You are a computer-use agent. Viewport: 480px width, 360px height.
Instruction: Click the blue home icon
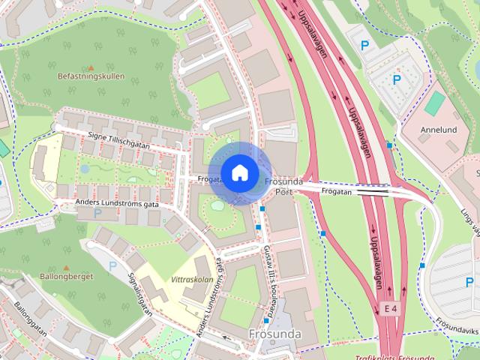[239, 172]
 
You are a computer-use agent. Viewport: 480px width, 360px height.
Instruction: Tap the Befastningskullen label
[91, 76]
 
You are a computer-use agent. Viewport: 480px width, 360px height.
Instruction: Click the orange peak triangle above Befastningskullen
[91, 67]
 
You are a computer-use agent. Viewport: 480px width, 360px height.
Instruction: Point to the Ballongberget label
[65, 277]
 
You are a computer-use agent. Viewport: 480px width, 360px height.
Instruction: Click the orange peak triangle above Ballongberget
[66, 268]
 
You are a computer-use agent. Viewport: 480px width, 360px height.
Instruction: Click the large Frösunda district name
[274, 333]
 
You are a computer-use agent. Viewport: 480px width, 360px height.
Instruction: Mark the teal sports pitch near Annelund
[433, 103]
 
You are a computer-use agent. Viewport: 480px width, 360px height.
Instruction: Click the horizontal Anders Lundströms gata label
[117, 203]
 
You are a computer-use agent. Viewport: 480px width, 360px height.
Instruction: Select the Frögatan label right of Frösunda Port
[337, 191]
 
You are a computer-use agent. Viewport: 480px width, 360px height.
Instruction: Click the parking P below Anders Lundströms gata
[97, 213]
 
